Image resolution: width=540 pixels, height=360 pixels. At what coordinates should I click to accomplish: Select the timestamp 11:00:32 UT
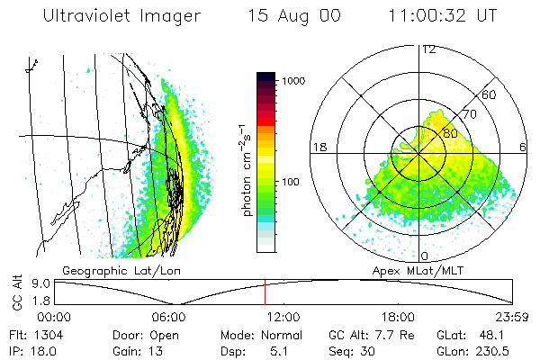click(442, 16)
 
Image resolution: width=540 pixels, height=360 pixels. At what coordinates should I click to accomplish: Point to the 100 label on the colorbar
click(291, 182)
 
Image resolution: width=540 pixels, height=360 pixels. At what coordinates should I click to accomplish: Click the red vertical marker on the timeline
click(265, 292)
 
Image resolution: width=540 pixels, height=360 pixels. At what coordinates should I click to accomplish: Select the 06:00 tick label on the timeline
click(168, 317)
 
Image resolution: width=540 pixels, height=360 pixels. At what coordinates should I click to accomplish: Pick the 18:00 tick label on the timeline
click(398, 317)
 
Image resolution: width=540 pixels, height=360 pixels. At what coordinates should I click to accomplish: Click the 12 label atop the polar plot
click(428, 49)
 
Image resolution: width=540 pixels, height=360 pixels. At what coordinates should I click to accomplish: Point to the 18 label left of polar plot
click(318, 148)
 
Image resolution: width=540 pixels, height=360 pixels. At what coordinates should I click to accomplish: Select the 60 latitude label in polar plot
click(490, 94)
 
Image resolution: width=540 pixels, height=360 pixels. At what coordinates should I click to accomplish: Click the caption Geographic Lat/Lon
click(113, 269)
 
